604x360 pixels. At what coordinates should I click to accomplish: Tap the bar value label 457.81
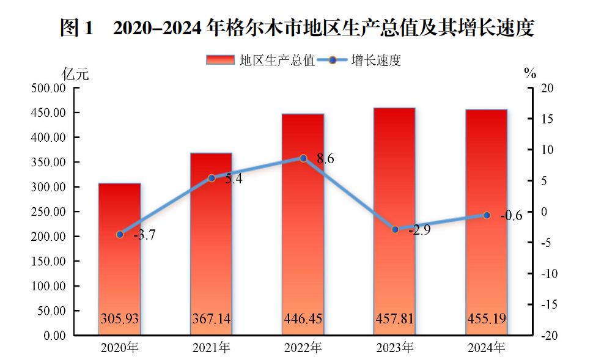(x=395, y=319)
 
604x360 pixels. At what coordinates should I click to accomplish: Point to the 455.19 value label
(x=487, y=319)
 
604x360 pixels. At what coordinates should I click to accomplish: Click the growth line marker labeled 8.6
(x=303, y=158)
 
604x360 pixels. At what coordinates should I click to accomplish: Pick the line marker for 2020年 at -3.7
(x=120, y=234)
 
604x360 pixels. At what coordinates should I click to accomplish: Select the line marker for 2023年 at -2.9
(x=395, y=229)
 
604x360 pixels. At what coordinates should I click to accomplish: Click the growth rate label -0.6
(x=510, y=215)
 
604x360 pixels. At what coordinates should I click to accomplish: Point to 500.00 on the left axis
(x=48, y=88)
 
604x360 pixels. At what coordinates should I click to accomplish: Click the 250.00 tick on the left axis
(x=48, y=211)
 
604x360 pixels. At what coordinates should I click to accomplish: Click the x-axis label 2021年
(x=212, y=348)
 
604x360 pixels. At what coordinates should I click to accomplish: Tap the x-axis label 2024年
(x=487, y=348)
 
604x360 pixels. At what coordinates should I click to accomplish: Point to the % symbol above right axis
(x=530, y=75)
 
